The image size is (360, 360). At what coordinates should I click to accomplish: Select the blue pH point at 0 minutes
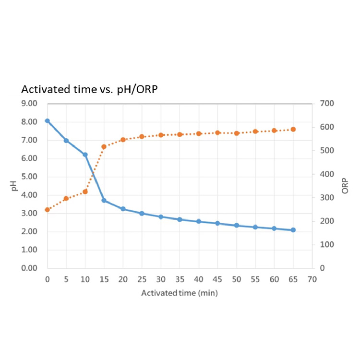[x=47, y=121]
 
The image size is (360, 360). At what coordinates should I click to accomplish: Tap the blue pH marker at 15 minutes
[x=104, y=201]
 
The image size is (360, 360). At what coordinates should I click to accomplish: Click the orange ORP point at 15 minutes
[x=104, y=146]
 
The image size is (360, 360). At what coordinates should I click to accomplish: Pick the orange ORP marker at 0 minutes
[x=47, y=210]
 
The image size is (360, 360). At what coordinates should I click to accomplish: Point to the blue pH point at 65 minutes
[x=293, y=230]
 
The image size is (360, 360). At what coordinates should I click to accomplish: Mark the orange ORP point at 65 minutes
[x=293, y=129]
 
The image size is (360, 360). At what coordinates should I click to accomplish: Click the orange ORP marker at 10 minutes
[x=85, y=192]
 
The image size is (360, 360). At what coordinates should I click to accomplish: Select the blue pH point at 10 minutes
[x=85, y=155]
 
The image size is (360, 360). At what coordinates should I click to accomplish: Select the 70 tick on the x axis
[x=312, y=279]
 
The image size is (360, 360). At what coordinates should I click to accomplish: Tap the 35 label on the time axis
[x=180, y=279]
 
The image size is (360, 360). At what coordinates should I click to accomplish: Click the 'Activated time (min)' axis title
[x=180, y=292]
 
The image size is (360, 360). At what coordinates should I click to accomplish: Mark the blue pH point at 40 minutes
[x=198, y=221]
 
